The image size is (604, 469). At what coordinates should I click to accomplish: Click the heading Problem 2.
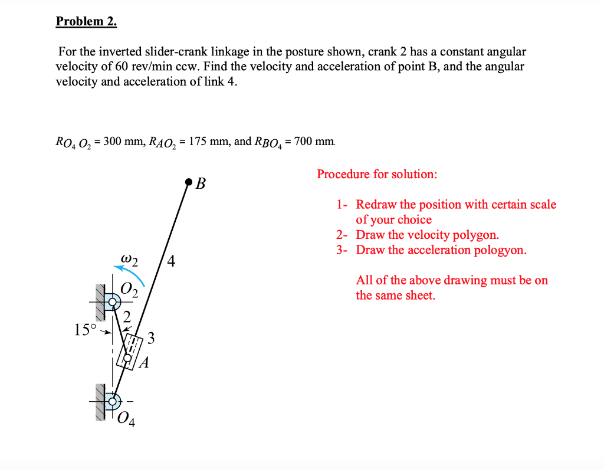[86, 22]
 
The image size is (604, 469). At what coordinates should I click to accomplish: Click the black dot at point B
[188, 181]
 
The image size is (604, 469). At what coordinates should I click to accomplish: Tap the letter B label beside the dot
[201, 184]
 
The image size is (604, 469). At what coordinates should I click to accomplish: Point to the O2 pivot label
[130, 291]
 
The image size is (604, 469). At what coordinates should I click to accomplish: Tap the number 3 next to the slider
[152, 338]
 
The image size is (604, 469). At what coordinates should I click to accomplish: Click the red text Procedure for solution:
[377, 174]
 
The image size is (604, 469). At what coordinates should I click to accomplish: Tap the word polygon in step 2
[475, 235]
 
